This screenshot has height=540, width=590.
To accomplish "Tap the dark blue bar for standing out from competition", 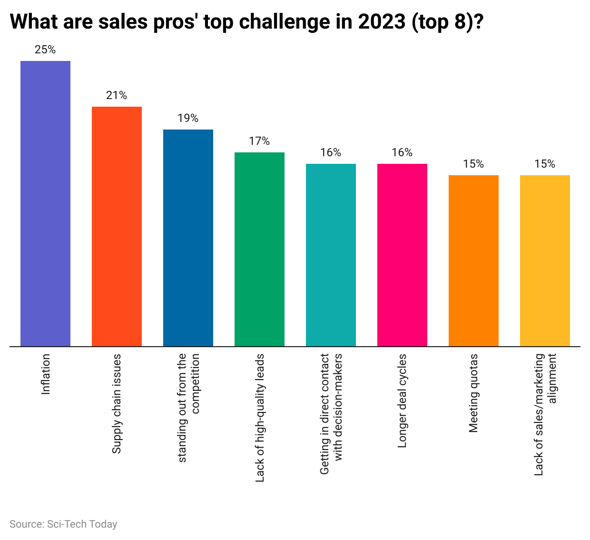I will tap(188, 238).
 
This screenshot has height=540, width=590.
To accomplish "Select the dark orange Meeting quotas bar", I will tap(473, 260).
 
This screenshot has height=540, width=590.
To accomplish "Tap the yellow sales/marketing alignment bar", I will tap(545, 260).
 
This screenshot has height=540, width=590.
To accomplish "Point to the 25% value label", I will tap(45, 50).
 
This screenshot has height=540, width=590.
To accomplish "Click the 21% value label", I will tap(117, 95).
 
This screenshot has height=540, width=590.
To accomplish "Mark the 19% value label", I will tap(188, 118).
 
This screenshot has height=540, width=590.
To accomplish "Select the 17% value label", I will tap(259, 141).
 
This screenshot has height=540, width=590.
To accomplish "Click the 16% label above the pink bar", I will tap(402, 152).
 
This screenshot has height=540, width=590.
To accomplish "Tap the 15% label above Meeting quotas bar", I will tap(473, 164).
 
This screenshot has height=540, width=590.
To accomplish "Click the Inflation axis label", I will tap(46, 374).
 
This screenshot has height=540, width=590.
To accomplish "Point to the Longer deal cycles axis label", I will tap(402, 401).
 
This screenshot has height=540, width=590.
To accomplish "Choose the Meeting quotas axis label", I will tap(473, 393).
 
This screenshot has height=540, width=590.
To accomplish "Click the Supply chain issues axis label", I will tap(117, 404).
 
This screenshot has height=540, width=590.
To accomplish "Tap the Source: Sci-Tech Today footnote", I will tap(63, 524).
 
